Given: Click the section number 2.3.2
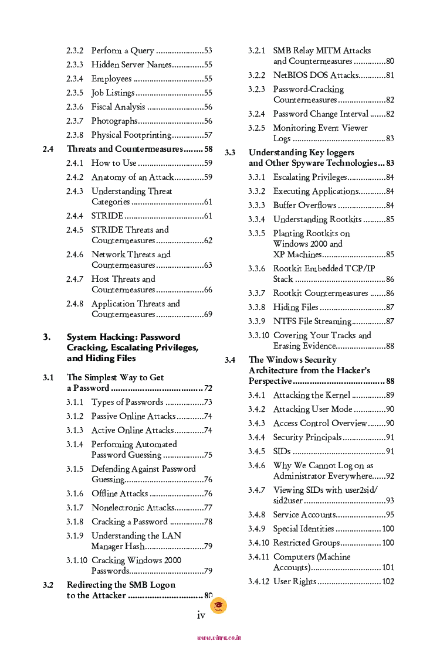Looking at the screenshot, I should (75, 51).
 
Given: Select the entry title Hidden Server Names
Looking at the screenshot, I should (131, 65).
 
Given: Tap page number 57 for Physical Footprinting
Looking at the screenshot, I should (208, 135).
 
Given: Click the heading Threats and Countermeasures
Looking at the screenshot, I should (125, 149).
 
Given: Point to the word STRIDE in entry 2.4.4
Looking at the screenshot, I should (107, 216).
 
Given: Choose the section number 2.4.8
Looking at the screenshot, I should (75, 304).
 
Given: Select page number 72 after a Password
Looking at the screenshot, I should (208, 388).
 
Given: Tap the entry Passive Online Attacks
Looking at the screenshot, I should (133, 417).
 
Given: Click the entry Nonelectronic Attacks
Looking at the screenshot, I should (133, 508).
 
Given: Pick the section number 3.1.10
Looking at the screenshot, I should (77, 561).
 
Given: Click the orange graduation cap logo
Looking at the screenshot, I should (218, 606).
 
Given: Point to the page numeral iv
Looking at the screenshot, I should (201, 615).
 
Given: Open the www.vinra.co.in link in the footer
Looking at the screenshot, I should (219, 638).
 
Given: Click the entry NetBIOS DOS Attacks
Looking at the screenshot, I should (316, 76).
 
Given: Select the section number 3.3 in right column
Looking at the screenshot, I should (230, 153).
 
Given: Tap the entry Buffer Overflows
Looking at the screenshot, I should (304, 206).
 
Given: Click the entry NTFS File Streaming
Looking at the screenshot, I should (312, 322).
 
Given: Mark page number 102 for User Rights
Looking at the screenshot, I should (388, 582).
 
